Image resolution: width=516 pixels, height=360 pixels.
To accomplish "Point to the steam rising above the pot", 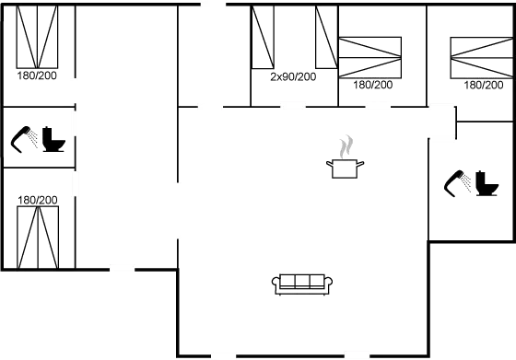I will (x=346, y=145).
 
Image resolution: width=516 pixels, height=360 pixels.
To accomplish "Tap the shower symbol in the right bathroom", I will (x=456, y=183).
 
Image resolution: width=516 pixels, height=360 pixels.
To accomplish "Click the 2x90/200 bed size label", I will (x=293, y=76).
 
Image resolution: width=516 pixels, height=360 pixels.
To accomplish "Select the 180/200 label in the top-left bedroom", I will (x=37, y=75).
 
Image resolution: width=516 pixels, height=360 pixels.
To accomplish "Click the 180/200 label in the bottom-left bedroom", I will (x=37, y=200).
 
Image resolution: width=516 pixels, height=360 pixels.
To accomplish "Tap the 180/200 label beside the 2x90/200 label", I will (x=373, y=85).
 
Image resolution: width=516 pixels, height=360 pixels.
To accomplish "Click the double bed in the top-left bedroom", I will (x=38, y=37).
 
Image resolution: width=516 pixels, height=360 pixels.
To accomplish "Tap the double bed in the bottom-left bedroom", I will (x=38, y=237).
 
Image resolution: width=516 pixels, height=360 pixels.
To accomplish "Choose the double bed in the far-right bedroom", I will (x=479, y=58).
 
